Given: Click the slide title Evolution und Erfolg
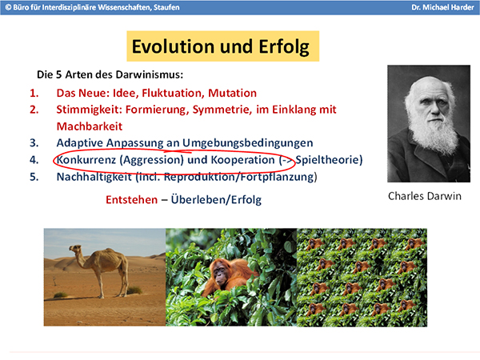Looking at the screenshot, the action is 221,46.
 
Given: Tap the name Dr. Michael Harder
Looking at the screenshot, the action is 442,7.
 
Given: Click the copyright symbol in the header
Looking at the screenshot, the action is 8,7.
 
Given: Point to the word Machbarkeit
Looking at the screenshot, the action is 90,126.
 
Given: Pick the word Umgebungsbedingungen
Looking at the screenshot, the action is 248,143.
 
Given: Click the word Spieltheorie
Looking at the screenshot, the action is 327,160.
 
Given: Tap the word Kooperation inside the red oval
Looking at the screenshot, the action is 242,160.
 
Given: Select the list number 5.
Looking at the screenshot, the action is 34,177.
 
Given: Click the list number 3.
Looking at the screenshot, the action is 34,143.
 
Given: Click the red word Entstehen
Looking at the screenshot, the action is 132,199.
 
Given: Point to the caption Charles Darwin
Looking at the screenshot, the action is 425,196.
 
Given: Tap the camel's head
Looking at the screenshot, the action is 75,248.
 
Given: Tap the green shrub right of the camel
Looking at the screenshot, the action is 134,290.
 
